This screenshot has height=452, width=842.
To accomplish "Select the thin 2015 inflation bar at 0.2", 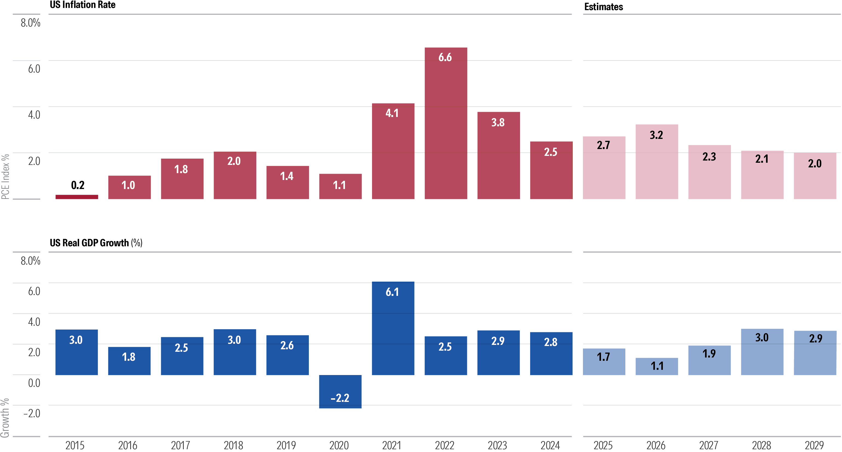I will (77, 197).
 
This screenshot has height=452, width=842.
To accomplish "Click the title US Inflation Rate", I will (82, 5).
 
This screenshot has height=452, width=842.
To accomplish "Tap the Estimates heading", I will (603, 7).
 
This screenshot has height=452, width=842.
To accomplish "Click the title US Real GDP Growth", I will (89, 243).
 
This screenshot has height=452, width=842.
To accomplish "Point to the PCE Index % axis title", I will (5, 177).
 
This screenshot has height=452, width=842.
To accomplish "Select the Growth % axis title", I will (5, 418).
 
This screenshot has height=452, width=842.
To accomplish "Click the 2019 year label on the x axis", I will (286, 445).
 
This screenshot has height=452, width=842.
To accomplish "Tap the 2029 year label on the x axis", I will (814, 445).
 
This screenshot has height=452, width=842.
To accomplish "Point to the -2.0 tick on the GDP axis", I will (32, 413).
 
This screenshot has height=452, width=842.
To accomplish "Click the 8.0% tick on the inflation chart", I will (30, 23).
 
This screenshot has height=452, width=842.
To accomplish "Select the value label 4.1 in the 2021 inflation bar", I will (392, 113).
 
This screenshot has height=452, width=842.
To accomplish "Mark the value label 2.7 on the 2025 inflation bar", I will (603, 145).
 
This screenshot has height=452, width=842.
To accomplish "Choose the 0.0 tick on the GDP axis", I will (34, 383).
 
